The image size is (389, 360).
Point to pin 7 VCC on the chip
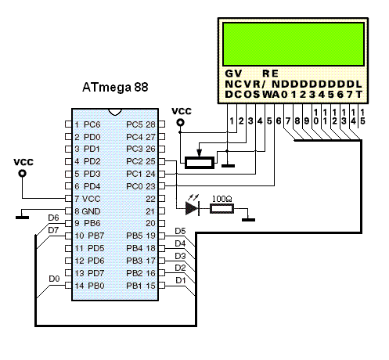point(88,198)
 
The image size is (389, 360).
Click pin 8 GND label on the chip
point(88,211)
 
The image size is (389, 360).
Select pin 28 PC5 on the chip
point(141,124)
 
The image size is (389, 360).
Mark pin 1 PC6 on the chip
point(88,124)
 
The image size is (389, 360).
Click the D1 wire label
point(179,279)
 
